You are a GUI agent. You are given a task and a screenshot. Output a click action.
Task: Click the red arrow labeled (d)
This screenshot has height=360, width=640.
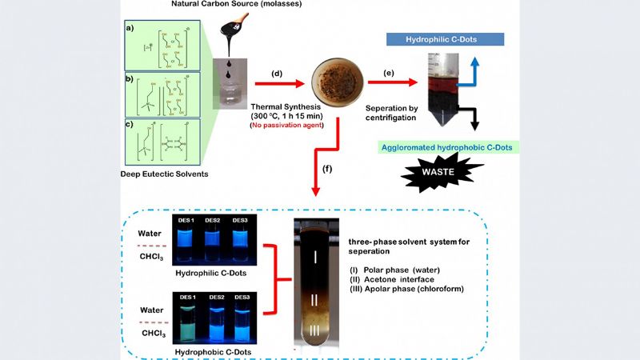click(276, 82)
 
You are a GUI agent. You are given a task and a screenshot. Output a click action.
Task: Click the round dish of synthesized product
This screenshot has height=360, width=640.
click(338, 80)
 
